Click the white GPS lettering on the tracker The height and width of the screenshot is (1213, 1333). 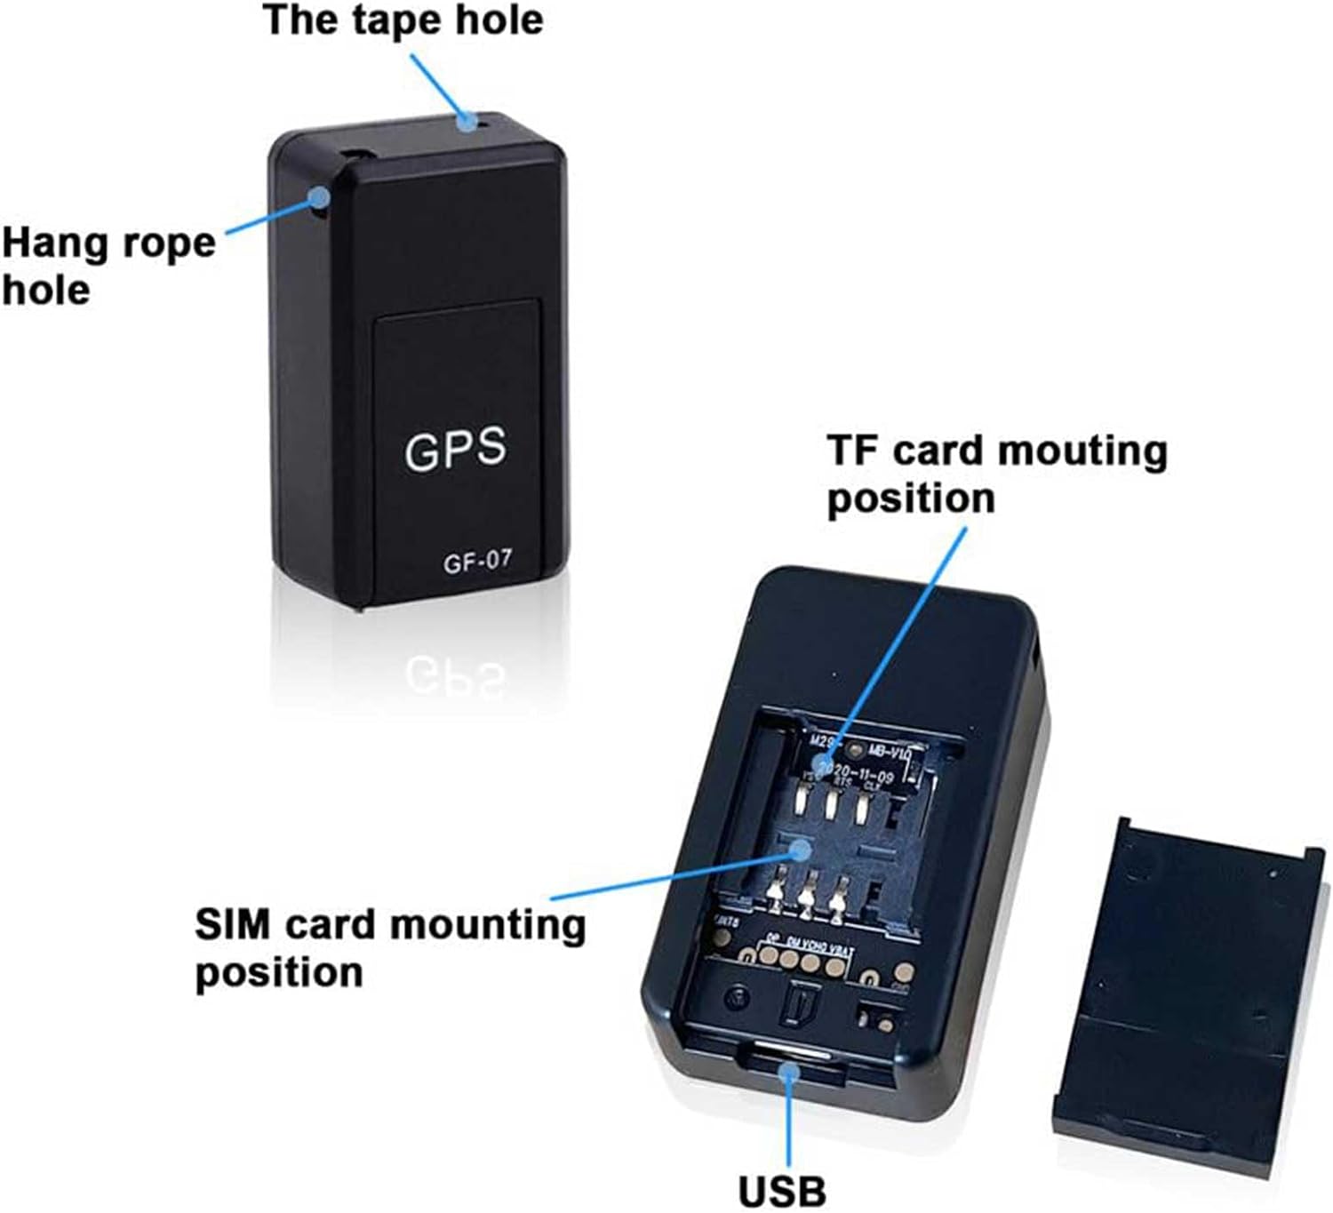point(455,449)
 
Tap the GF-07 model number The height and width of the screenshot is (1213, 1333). point(477,562)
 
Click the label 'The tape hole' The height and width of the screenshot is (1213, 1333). point(403,20)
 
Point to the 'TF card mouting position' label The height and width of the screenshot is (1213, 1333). point(996,474)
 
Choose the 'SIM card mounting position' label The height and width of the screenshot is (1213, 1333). point(390,947)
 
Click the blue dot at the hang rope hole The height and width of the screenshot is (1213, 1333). point(318,197)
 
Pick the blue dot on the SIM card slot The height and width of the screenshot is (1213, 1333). point(802,850)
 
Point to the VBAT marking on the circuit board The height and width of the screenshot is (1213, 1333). point(841,951)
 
